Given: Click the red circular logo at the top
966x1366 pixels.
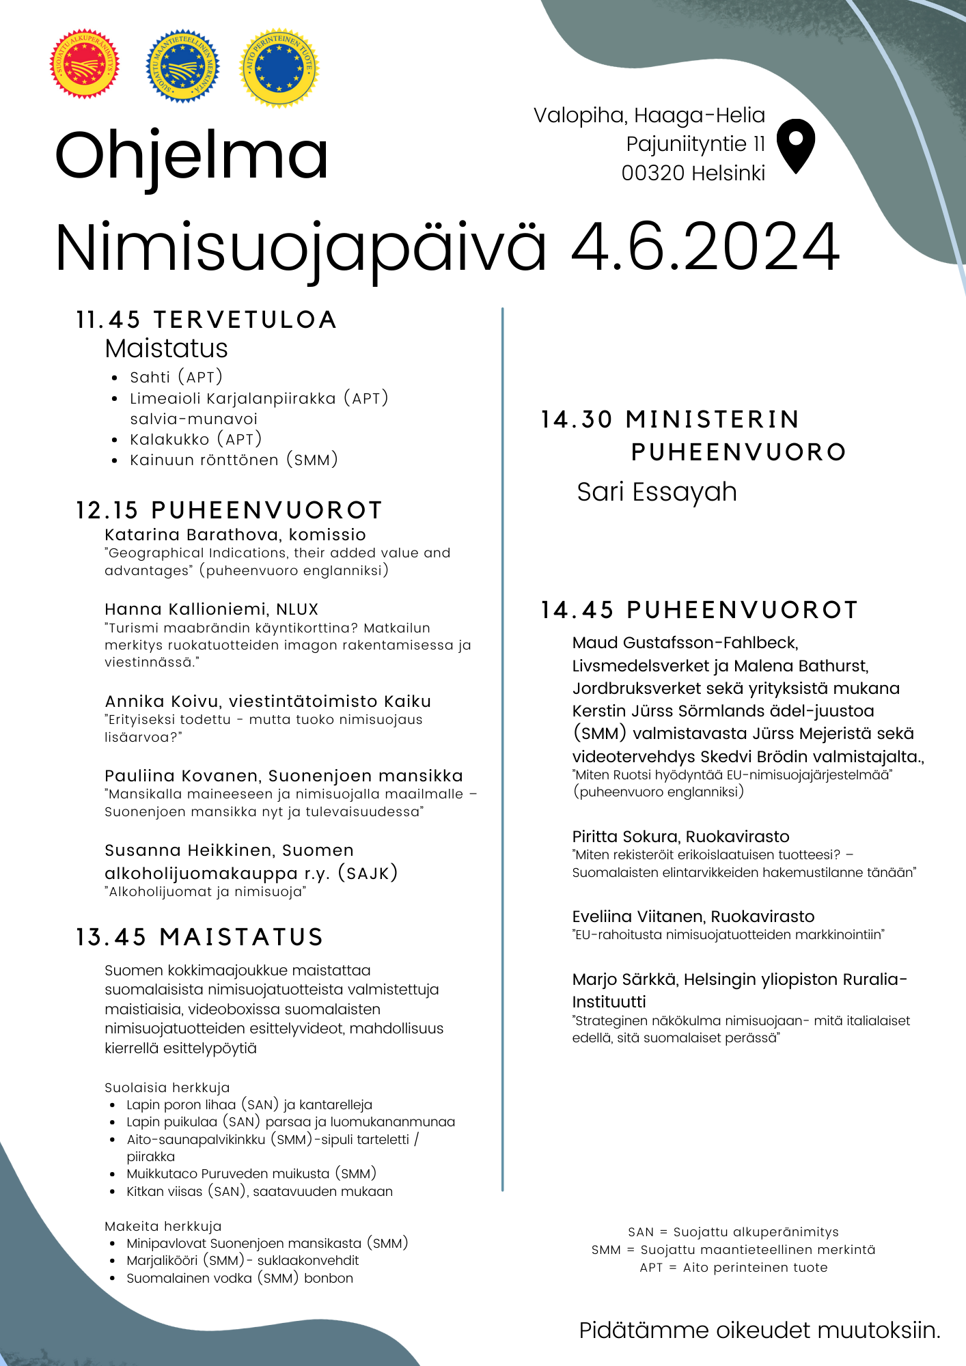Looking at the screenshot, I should (85, 64).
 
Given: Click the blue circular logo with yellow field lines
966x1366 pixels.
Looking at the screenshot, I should (182, 66).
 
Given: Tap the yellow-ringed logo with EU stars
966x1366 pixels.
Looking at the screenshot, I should (279, 66).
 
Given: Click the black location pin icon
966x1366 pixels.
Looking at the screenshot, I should (796, 145).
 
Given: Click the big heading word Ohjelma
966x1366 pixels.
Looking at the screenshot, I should (191, 156).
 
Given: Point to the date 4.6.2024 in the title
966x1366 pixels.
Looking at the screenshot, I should (704, 247).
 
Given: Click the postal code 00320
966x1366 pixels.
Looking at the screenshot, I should (652, 173).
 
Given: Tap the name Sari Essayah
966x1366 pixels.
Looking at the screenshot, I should (657, 492).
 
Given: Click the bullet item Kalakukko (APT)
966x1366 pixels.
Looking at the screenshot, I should (195, 439).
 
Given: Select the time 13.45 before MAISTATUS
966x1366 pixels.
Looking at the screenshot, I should (111, 937).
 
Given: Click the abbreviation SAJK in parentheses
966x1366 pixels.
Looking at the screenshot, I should (368, 873).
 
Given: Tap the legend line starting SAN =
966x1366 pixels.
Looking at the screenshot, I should (733, 1232).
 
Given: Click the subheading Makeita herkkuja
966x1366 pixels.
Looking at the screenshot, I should (163, 1226).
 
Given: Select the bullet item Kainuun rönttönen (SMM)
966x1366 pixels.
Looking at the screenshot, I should (234, 460).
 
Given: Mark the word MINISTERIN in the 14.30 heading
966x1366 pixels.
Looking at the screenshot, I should (713, 419).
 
